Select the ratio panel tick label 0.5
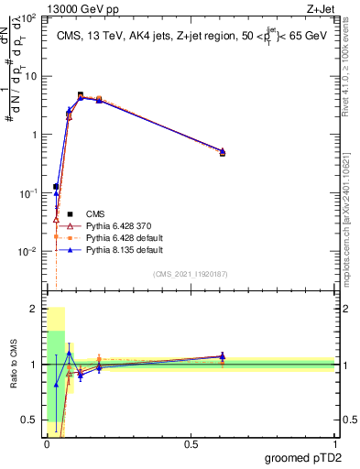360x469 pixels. coord(30,420)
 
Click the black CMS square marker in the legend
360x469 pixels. coord(56,210)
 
